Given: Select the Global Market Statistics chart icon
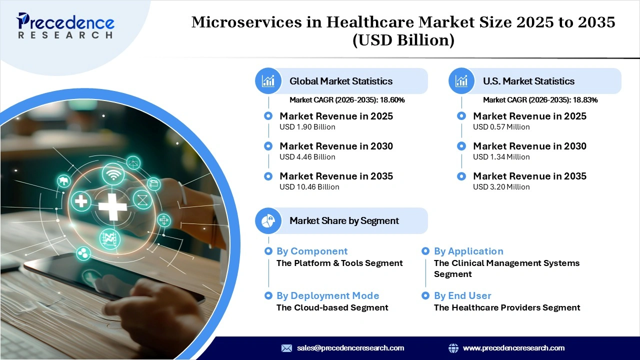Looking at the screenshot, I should tap(268, 81).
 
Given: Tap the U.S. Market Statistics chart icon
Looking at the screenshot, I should tap(462, 81).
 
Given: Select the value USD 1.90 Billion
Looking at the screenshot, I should tap(307, 127).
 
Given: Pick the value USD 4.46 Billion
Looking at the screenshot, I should tap(307, 157).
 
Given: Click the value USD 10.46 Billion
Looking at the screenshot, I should tap(309, 187).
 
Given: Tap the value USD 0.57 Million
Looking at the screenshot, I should tap(501, 127).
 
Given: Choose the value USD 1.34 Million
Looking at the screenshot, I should tap(501, 157).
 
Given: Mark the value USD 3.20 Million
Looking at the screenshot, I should tap(501, 187).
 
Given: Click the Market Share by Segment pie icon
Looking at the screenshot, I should tap(268, 220).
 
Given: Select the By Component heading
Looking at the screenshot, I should tap(312, 251).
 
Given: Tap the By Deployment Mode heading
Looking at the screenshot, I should tap(327, 296).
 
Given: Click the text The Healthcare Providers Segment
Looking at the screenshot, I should tap(507, 307).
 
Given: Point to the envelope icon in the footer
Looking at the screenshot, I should tap(286, 348).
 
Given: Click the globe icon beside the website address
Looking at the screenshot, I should tap(453, 348).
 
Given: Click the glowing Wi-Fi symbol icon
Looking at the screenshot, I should tap(113, 174).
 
